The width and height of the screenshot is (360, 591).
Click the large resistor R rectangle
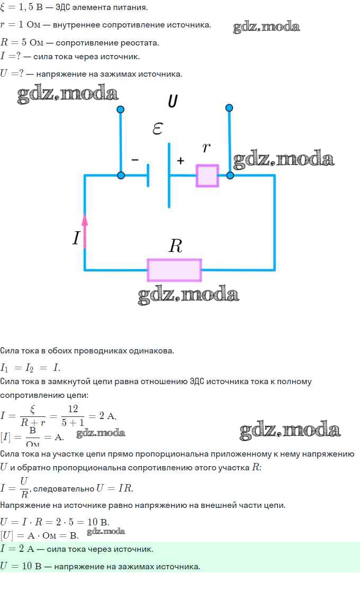point(174,270)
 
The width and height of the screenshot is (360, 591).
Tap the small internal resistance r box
point(208,176)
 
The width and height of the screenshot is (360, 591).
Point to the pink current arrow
point(85,231)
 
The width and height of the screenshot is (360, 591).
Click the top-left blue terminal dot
point(121,110)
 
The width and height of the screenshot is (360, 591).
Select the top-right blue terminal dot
point(229,108)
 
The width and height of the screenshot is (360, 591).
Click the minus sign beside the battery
point(135,160)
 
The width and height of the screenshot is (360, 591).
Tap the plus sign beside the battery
point(181,160)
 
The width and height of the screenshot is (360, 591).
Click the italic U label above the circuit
point(173,101)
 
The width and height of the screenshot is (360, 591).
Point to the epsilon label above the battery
point(158,129)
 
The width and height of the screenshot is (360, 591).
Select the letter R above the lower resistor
point(176,246)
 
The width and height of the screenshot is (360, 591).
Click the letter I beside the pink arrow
point(76,238)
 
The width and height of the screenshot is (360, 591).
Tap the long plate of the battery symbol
point(169,175)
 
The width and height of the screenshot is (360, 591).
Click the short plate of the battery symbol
point(148,175)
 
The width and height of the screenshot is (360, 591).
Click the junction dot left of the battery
point(121,175)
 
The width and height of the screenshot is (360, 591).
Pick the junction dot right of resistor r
point(230,175)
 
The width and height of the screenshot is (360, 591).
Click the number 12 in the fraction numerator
point(73,409)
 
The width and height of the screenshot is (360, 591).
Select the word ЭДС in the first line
point(64,7)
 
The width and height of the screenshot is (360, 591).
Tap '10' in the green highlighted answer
point(27,566)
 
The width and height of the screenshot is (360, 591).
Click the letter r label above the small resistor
point(206,148)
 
